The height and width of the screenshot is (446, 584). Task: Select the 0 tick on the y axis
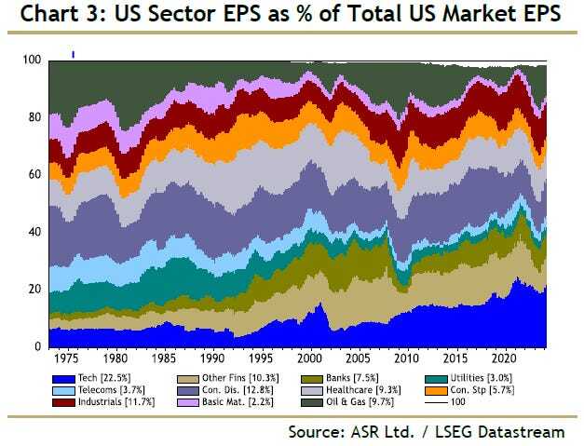[x=39, y=346]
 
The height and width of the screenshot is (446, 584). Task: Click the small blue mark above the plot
[x=73, y=53]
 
